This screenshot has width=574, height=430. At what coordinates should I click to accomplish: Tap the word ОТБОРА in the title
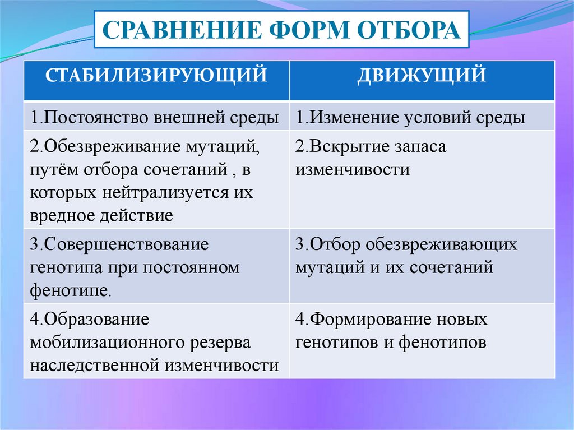[409, 30]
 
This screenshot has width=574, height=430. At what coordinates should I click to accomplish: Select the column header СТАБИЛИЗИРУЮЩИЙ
[156, 75]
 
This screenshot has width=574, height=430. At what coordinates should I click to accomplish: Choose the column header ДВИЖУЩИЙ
[422, 75]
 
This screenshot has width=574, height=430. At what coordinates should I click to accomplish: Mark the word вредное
[62, 215]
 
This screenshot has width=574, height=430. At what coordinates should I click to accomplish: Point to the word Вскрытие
[350, 146]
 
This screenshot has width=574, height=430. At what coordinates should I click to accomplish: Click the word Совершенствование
[126, 245]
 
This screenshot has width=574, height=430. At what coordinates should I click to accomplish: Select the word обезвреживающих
[441, 244]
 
